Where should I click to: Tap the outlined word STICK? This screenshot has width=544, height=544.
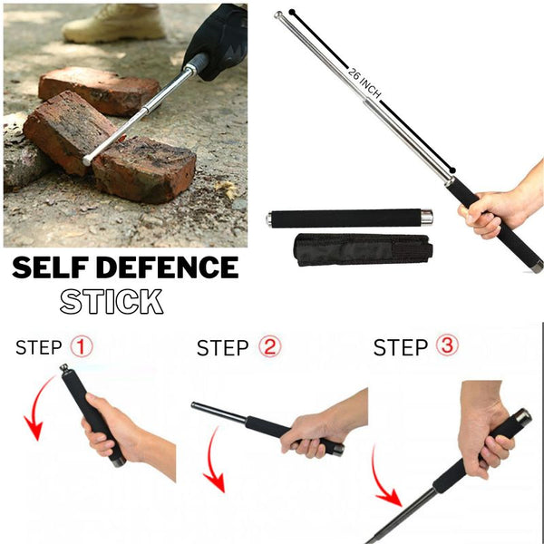click(x=112, y=301)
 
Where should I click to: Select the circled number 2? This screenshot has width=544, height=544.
click(x=267, y=346)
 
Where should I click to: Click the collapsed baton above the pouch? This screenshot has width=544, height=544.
click(x=349, y=218)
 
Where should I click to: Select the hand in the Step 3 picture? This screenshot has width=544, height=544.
click(x=485, y=435)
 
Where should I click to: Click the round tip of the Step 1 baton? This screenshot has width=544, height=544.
click(x=64, y=368)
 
